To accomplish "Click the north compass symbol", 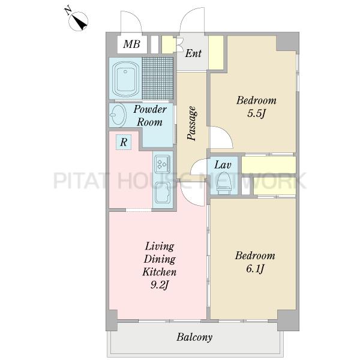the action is click(78, 20).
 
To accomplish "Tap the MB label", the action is click(131, 44).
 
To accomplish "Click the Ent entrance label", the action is click(193, 53).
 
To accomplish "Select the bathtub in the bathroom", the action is click(125, 79).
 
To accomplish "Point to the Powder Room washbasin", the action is click(118, 115).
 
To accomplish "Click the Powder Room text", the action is click(150, 115).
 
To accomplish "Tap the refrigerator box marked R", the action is click(124, 142).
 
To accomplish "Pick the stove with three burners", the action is click(163, 164).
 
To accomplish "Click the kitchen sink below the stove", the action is click(163, 193).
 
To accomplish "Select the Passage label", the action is click(192, 123).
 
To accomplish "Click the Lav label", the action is click(223, 165).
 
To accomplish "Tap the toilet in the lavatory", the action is click(224, 183).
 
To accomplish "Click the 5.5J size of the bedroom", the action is click(256, 113).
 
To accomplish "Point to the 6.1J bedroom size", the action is click(255, 269).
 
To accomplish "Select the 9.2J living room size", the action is click(160, 285).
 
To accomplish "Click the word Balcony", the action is click(194, 337).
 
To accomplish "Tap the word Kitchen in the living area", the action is click(160, 272).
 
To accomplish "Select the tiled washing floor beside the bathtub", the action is click(157, 78).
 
